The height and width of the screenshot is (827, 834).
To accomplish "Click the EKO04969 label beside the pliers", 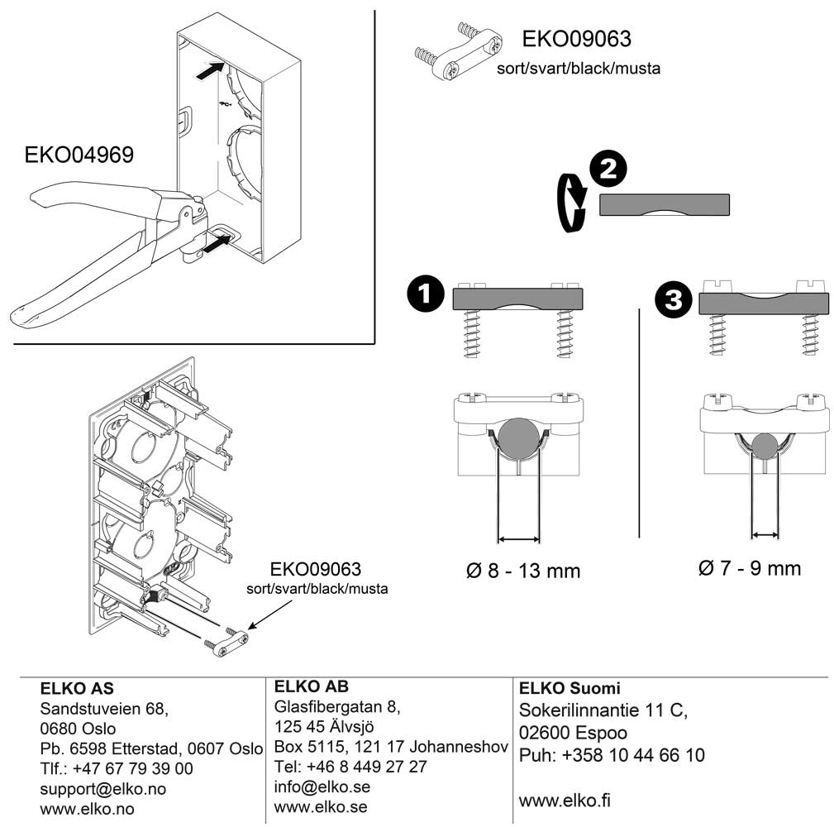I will point(79,155).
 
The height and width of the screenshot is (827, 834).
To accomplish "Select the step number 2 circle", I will point(608,170).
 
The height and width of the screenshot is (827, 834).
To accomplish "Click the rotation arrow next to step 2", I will point(570,203).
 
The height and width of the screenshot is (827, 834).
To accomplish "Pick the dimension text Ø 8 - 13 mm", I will point(523,570).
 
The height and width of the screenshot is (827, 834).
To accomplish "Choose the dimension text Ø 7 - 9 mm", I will point(750,568).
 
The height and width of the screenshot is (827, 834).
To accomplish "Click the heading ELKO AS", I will point(78,689).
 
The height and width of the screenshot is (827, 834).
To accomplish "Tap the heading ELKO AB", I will point(311,686).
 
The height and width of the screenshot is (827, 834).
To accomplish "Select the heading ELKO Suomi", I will point(570,688).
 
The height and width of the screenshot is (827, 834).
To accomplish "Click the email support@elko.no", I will point(103,789).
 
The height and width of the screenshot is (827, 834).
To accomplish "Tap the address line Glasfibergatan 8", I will point(336,707).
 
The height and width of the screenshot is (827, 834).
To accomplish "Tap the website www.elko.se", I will point(321,806).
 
